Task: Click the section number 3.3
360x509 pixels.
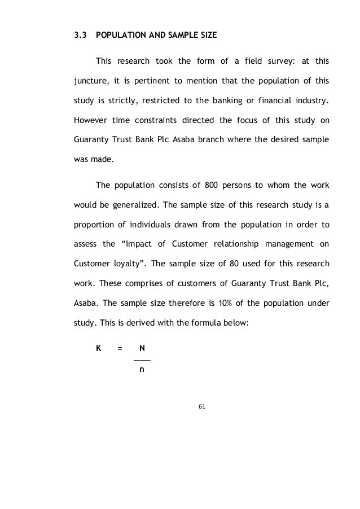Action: [80, 35]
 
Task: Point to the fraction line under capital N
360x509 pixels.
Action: [142, 359]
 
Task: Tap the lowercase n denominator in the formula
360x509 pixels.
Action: [142, 370]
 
